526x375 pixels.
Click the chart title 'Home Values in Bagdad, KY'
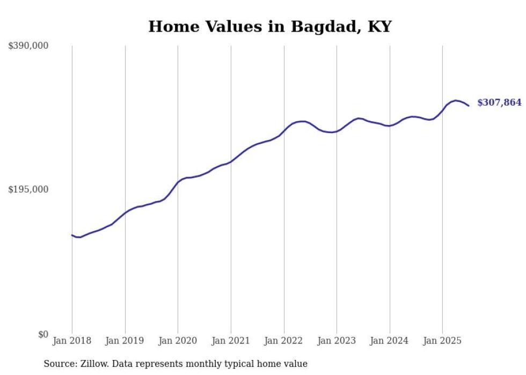(270, 26)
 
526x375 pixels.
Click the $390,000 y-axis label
(28, 46)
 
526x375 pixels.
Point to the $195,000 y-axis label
(28, 190)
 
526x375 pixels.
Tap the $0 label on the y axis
(43, 334)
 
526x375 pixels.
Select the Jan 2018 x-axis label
(72, 341)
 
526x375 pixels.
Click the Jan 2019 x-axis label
(125, 341)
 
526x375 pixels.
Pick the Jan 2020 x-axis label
(178, 341)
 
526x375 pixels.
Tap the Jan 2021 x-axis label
(231, 341)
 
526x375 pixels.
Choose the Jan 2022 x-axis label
(283, 341)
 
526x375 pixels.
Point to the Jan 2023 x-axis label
(337, 341)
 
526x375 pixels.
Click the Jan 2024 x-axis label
(389, 341)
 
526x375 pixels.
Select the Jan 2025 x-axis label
(442, 341)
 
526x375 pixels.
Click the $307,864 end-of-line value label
(499, 102)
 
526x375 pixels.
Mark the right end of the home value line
(469, 106)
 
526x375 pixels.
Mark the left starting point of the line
(72, 235)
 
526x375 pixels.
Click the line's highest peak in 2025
(456, 100)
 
